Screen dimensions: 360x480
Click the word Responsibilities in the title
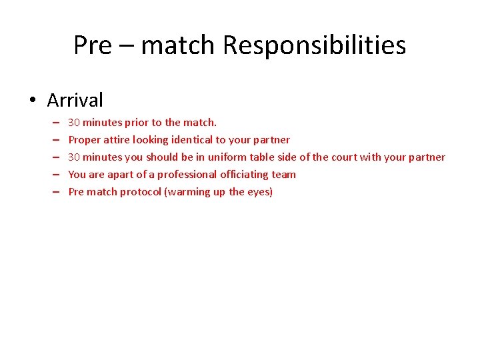(x=314, y=46)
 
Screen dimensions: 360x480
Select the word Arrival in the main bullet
(x=75, y=100)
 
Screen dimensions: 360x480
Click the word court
(x=344, y=157)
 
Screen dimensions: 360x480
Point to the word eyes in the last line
(x=259, y=192)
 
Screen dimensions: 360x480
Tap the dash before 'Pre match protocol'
(x=55, y=192)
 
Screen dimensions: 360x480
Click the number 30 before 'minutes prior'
(x=74, y=123)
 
